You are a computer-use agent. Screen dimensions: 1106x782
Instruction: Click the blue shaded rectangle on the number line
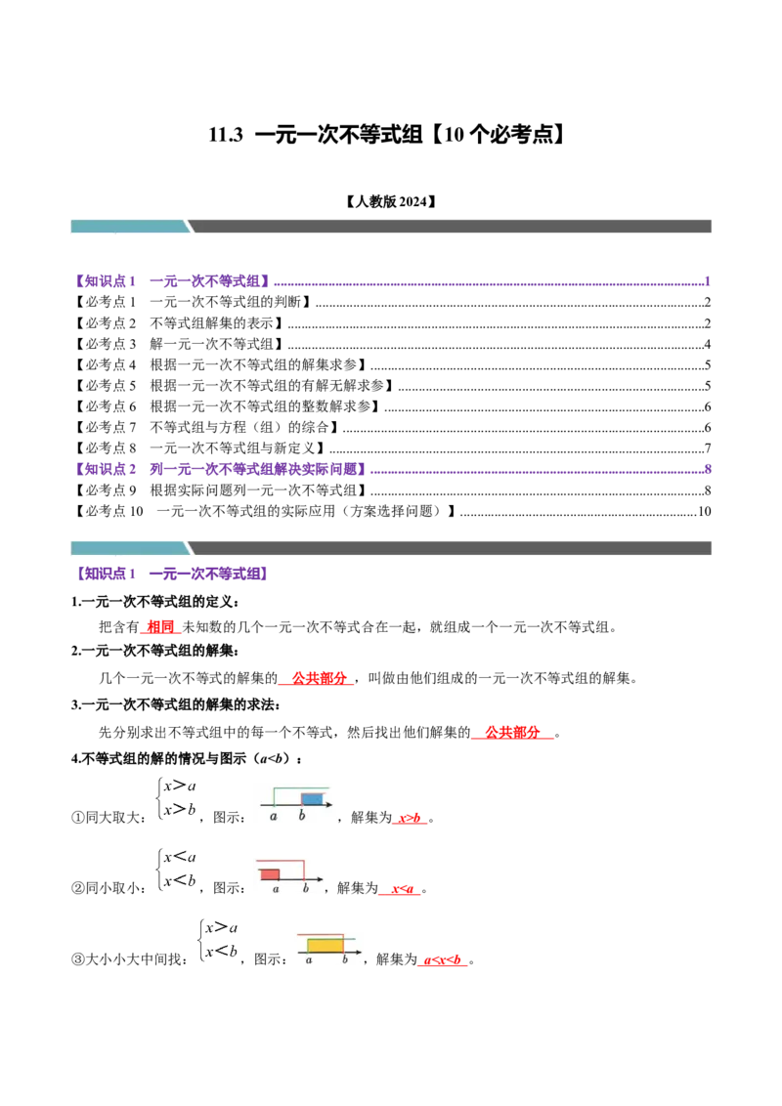coord(311,798)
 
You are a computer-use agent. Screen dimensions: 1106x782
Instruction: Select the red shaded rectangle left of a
coord(270,873)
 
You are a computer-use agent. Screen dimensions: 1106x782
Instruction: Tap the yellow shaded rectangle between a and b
coord(326,945)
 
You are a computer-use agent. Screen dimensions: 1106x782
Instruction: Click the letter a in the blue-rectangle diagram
coord(274,816)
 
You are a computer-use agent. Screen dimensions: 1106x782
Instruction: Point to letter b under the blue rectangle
coord(302,816)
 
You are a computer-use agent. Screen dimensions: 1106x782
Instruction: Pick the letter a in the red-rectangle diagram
coord(277,888)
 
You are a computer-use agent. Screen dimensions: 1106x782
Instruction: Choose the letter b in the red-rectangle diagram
coord(306,888)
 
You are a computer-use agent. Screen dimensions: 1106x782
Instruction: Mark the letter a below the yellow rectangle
coord(309,960)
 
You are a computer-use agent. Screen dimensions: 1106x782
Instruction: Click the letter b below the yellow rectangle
coord(344,960)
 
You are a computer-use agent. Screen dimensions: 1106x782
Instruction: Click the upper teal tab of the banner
coord(129,227)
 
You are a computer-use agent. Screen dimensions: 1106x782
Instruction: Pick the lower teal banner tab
coord(129,547)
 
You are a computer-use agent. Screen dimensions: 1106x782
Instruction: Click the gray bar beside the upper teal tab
coord(450,227)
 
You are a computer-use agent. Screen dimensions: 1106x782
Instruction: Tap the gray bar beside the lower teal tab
coord(450,547)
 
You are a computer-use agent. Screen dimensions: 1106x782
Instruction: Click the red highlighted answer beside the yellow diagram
coord(442,962)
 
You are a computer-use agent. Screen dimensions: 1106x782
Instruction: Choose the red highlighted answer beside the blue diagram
coord(411,819)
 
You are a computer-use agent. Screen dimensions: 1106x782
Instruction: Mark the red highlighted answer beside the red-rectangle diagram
coord(399,890)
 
